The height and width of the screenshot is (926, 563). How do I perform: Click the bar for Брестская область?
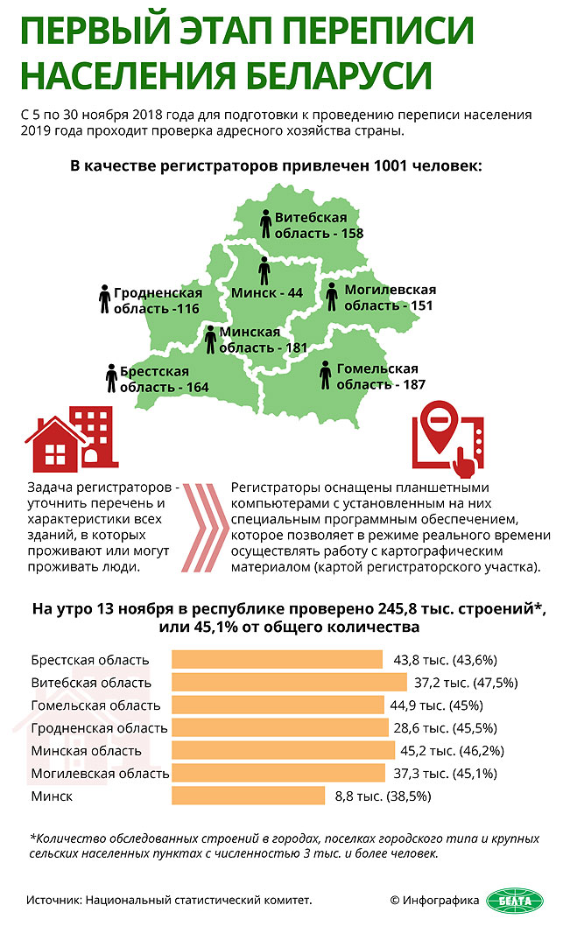tap(277, 660)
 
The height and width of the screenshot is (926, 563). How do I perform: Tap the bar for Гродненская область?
tap(280, 727)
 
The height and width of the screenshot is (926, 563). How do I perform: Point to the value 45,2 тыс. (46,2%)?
tap(452, 750)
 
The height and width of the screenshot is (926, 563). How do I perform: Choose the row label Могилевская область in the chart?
tap(100, 774)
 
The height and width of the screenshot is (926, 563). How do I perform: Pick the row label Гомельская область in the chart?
tap(95, 705)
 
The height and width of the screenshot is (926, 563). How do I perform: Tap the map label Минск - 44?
tap(267, 293)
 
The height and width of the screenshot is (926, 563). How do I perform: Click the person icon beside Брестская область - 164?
tap(111, 378)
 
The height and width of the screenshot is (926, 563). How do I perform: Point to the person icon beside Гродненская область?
tap(105, 299)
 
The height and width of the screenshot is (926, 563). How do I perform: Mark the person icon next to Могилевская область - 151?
tap(332, 296)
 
